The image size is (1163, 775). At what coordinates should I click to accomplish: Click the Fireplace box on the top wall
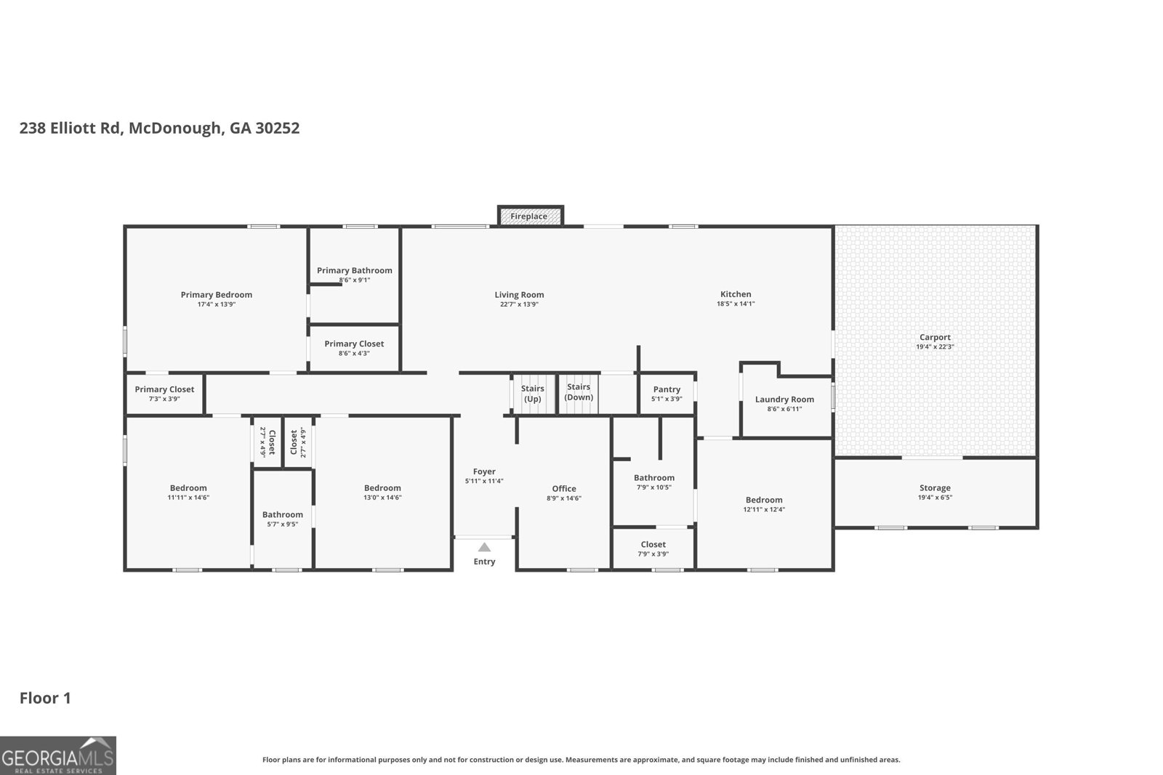[530, 216]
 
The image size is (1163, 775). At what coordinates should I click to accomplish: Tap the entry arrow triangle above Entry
[484, 548]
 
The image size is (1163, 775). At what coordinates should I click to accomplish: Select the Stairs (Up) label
[533, 394]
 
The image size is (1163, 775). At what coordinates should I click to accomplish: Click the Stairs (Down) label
[579, 392]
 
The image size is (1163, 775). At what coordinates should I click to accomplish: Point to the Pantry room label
[667, 389]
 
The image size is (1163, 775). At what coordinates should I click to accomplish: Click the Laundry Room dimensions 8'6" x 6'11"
[784, 409]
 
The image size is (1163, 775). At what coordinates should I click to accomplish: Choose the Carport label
[935, 337]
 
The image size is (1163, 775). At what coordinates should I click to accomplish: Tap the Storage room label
[935, 488]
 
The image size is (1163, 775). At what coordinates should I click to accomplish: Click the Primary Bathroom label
[354, 270]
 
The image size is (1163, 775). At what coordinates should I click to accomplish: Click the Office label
[564, 489]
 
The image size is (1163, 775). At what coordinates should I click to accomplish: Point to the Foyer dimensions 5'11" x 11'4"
[484, 481]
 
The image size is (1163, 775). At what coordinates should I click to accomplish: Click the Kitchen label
[736, 294]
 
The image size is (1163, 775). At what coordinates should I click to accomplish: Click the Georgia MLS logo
[57, 755]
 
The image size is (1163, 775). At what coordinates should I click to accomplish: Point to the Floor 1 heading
[45, 698]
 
